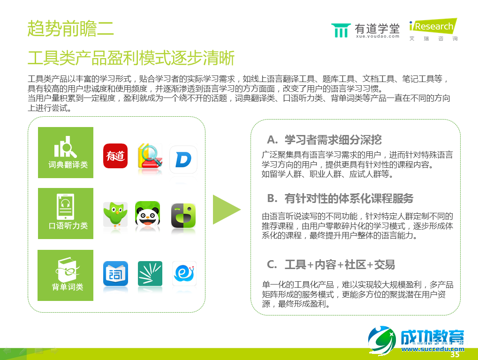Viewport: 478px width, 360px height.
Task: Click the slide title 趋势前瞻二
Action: click(x=70, y=29)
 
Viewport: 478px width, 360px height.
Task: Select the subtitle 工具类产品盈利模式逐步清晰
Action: click(x=131, y=59)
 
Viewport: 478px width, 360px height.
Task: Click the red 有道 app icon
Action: click(x=115, y=156)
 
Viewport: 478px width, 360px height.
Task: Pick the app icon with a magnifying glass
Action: click(x=150, y=157)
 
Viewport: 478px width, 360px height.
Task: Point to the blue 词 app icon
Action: click(x=115, y=274)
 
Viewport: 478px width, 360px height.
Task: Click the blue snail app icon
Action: click(x=183, y=274)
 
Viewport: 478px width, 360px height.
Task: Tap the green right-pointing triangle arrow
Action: click(x=226, y=209)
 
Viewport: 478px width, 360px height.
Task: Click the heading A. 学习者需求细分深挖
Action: click(x=324, y=140)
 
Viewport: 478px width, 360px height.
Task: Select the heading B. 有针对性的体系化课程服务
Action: click(x=340, y=198)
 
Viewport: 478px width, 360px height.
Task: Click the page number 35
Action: click(x=455, y=355)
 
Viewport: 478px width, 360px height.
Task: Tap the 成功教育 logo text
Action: click(x=432, y=337)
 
